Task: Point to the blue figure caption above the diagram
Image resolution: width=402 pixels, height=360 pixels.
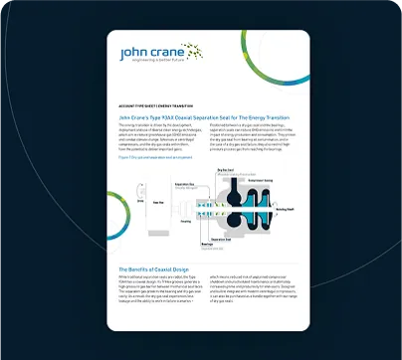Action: pyautogui.click(x=149, y=157)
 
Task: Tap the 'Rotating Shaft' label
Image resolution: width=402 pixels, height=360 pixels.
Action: pyautogui.click(x=285, y=210)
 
